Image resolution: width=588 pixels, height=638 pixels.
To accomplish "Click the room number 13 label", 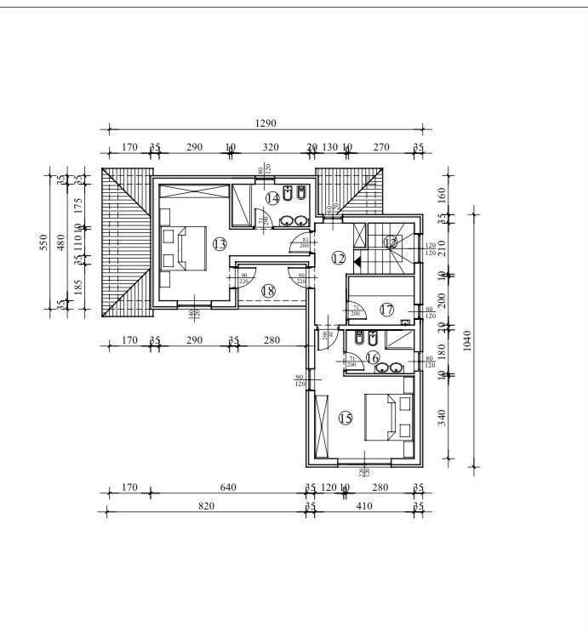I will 220,245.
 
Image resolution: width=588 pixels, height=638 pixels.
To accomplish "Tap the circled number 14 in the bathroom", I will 272,198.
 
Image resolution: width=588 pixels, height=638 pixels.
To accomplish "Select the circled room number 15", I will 345,418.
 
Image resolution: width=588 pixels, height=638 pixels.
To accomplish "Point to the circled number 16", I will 373,359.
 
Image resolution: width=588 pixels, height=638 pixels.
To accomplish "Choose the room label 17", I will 387,310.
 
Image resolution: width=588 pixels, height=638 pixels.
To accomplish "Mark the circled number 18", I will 269,291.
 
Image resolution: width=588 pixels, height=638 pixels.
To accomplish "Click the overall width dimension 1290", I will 265,124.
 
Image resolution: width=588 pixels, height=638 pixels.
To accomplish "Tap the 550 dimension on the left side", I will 43,243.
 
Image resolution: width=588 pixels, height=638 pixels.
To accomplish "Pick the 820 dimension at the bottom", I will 206,506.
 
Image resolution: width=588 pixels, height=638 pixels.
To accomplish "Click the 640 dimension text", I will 227,487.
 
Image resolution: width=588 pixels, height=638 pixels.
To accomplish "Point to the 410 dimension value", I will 364,506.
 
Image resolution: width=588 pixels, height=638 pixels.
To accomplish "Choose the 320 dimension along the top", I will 271,147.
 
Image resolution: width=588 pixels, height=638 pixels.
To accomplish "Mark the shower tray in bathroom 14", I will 241,204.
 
